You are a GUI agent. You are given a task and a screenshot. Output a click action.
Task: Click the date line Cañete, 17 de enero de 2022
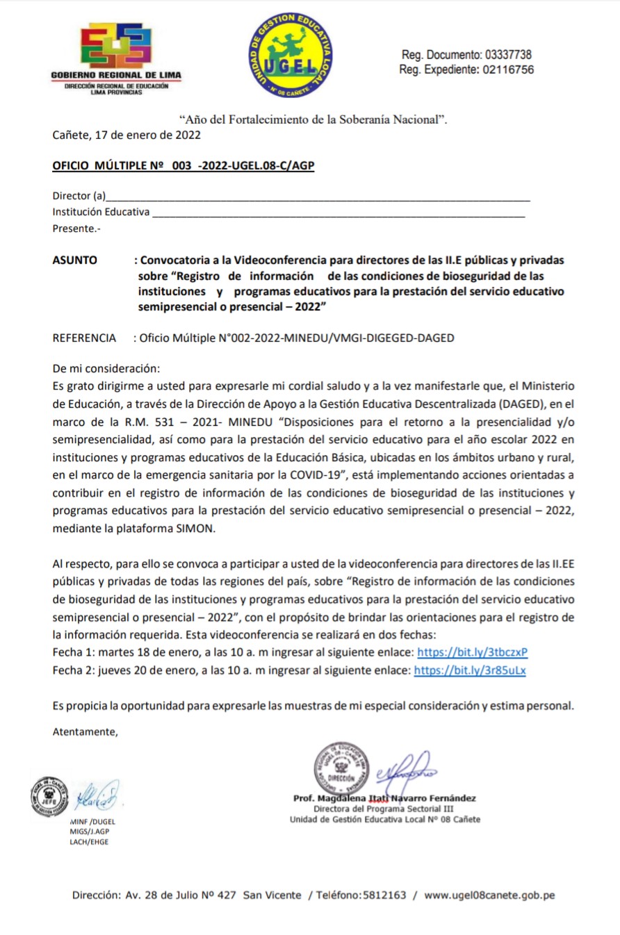[127, 135]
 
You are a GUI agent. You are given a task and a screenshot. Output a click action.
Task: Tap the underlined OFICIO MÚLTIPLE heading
[183, 166]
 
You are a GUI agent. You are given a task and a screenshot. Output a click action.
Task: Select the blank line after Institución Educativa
[338, 213]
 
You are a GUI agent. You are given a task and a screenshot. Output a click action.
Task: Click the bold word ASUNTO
[75, 260]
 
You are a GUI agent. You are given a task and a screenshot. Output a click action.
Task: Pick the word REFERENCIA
[84, 338]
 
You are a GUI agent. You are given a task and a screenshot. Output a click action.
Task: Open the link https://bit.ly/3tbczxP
[471, 652]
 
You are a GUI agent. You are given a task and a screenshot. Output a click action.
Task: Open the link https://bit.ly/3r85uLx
[470, 670]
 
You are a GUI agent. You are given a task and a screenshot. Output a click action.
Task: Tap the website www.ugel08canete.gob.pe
[489, 895]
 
